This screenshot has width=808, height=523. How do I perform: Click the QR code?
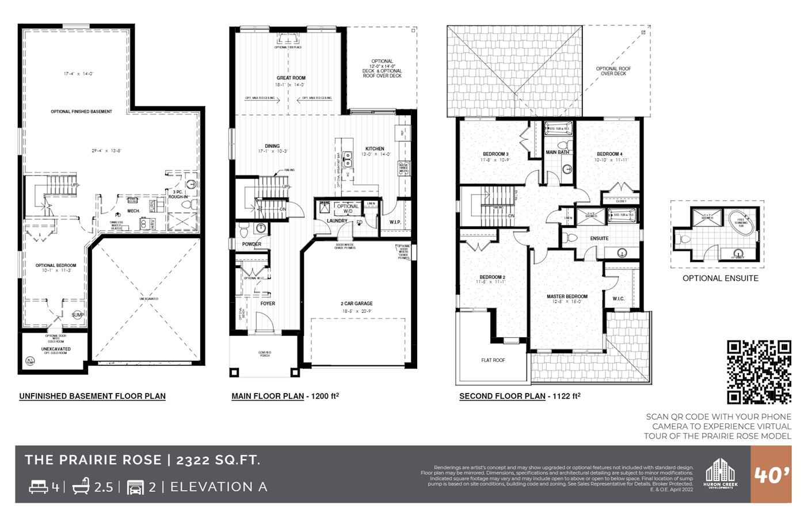pyautogui.click(x=759, y=372)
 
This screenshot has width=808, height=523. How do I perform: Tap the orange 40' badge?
pyautogui.click(x=771, y=475)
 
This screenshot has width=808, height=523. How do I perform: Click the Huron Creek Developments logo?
pyautogui.click(x=720, y=474)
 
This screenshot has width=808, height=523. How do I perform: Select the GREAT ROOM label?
pyautogui.click(x=291, y=78)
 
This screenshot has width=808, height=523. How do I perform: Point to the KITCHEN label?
pyautogui.click(x=375, y=148)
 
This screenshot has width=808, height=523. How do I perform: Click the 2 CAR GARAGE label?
pyautogui.click(x=356, y=303)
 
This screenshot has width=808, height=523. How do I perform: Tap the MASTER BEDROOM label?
pyautogui.click(x=567, y=296)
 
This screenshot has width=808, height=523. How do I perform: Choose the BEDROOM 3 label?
pyautogui.click(x=495, y=154)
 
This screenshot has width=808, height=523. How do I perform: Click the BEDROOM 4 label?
pyautogui.click(x=609, y=154)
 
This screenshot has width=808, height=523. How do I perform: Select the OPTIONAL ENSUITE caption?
pyautogui.click(x=720, y=278)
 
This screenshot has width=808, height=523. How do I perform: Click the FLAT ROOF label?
pyautogui.click(x=493, y=360)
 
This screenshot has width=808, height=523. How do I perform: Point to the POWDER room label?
pyautogui.click(x=251, y=244)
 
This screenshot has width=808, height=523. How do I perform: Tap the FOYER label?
pyautogui.click(x=268, y=303)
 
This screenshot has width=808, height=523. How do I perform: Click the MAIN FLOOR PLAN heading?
pyautogui.click(x=268, y=396)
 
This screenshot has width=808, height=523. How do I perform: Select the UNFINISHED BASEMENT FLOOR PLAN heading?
pyautogui.click(x=92, y=396)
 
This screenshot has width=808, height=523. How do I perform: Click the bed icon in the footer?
pyautogui.click(x=39, y=487)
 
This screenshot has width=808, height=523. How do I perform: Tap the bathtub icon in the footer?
pyautogui.click(x=81, y=486)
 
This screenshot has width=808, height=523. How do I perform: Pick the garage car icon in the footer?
pyautogui.click(x=135, y=487)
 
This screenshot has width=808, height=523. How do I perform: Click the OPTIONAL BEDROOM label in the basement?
pyautogui.click(x=56, y=265)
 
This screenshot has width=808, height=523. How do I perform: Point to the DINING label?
pyautogui.click(x=272, y=146)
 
